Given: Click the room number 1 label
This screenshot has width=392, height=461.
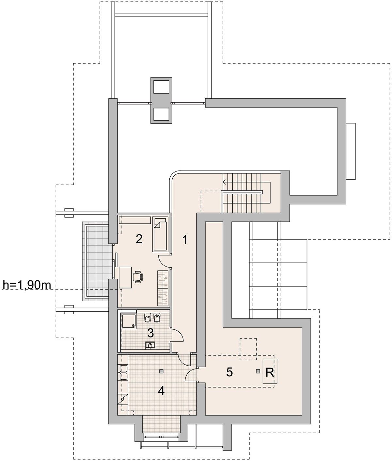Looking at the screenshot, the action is (185, 240).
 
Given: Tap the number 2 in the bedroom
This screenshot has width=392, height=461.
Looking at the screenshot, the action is (139, 239).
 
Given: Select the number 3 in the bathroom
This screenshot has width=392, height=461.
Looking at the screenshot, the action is (151, 333).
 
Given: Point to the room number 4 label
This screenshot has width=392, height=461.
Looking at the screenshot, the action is (161, 391).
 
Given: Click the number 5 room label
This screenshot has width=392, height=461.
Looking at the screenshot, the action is (229, 372).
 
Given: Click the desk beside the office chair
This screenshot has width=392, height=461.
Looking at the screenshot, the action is (125, 277).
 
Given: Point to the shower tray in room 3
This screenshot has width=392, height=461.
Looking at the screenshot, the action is (129, 321).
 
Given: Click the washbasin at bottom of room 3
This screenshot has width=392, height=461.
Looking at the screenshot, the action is (150, 345).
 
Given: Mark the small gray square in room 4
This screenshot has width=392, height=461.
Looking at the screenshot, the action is (161, 371).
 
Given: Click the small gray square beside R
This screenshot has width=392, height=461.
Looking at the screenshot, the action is (258, 371).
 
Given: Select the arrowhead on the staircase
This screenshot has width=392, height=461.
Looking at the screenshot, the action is (225, 182).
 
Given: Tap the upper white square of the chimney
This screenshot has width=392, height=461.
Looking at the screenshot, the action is (161, 87).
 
